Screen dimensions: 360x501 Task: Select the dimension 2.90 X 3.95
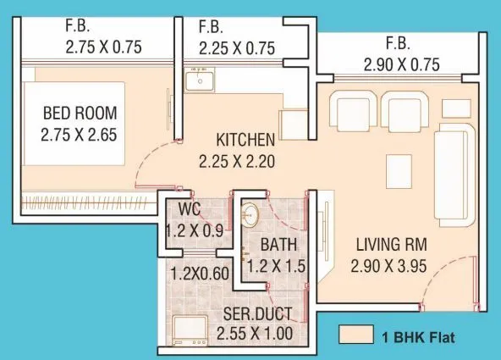(390, 267)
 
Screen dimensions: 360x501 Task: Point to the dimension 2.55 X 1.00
(254, 334)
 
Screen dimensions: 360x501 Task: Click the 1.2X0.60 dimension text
(201, 274)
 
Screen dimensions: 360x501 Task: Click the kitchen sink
(201, 82)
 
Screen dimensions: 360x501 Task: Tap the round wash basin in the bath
(250, 214)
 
